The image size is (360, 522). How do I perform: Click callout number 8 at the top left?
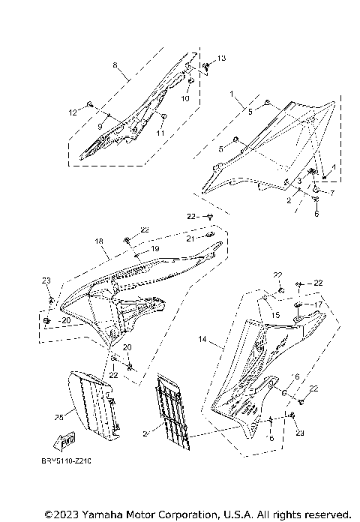115,66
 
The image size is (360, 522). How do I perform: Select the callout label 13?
221,58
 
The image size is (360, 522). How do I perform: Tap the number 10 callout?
186,98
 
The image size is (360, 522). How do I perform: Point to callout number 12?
73,112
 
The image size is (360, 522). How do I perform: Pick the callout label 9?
100,125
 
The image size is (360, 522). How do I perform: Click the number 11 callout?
160,133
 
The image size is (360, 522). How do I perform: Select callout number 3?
298,181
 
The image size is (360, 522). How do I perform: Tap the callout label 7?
332,193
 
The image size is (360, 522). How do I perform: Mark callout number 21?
190,238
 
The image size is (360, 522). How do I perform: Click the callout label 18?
98,242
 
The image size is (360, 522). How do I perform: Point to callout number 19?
155,248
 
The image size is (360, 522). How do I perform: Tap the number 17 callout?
319,304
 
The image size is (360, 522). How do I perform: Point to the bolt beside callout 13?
206,65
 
